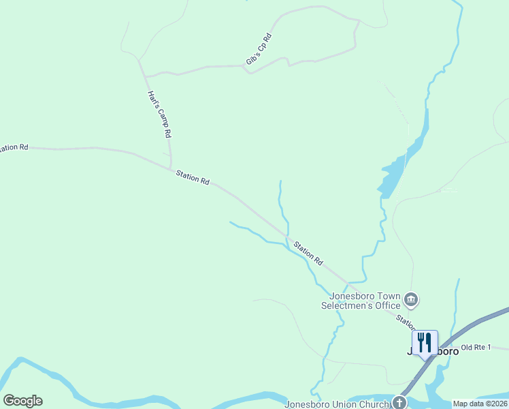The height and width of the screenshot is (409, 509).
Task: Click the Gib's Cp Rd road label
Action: tap(259, 50)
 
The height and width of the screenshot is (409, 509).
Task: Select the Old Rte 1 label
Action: tap(475, 348)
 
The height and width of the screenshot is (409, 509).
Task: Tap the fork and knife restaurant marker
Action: tap(425, 342)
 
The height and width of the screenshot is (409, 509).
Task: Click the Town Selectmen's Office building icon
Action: tap(410, 299)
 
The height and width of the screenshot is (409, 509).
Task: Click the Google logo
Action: tap(22, 401)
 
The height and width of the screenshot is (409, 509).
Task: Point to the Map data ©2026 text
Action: tap(480, 404)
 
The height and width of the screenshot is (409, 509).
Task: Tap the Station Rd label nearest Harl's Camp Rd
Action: tap(193, 177)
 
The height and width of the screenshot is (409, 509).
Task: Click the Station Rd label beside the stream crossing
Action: tap(308, 253)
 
